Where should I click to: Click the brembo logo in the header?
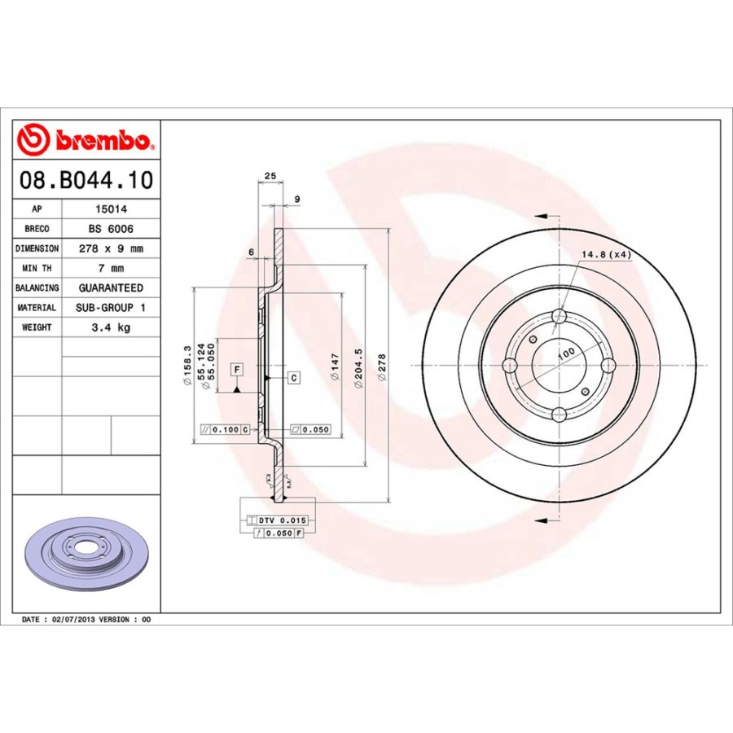click(85, 139)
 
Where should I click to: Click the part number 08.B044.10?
click(86, 180)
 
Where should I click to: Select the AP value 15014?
click(111, 208)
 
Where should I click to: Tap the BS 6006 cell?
click(111, 229)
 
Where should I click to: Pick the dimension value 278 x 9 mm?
click(111, 248)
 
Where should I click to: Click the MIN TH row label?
click(37, 268)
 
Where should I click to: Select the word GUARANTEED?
click(111, 287)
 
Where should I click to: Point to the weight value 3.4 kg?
click(111, 327)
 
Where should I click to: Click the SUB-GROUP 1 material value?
click(111, 308)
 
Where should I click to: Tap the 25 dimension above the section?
click(270, 176)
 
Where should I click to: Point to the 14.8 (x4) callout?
click(606, 255)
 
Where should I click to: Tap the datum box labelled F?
click(236, 370)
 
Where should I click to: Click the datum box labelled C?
click(293, 378)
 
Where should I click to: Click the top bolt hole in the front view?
click(559, 318)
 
